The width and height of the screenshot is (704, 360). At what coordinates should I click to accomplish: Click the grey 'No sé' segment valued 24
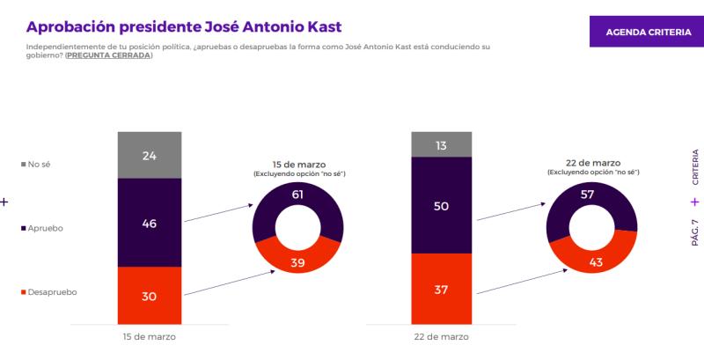coord(150,155)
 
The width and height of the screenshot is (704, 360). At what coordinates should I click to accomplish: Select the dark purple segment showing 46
coord(150,223)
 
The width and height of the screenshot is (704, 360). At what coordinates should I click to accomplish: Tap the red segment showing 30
coord(150,296)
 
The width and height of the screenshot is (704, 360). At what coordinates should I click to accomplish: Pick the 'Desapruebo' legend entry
coord(52,291)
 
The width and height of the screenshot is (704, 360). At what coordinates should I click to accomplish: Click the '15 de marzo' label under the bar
coord(150,337)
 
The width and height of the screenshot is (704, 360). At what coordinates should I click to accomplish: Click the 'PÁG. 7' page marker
coord(694,235)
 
